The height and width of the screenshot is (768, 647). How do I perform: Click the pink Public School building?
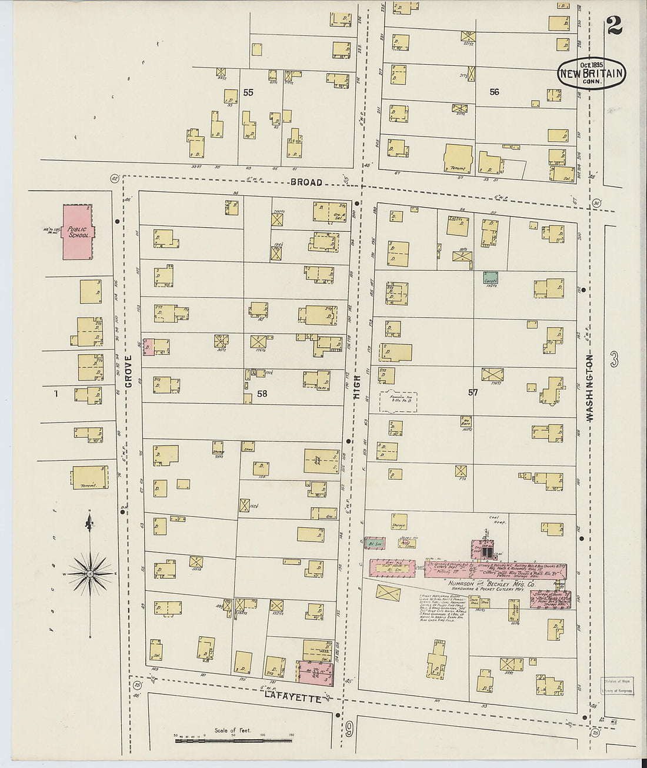[x=79, y=232]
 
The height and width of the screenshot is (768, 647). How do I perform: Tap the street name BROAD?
[x=306, y=182]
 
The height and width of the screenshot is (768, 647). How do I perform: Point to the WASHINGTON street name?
[x=590, y=387]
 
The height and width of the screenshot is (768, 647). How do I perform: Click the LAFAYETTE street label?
[x=292, y=696]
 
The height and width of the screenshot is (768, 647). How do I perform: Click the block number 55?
[x=248, y=92]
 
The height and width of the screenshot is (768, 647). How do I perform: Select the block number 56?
[x=494, y=92]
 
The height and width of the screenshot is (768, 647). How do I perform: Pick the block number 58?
[x=262, y=394]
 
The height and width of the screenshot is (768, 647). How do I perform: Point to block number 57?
[x=473, y=392]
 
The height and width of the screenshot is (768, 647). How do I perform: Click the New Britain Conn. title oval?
[x=591, y=74]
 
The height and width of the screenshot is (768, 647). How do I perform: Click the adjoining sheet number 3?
[x=614, y=360]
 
